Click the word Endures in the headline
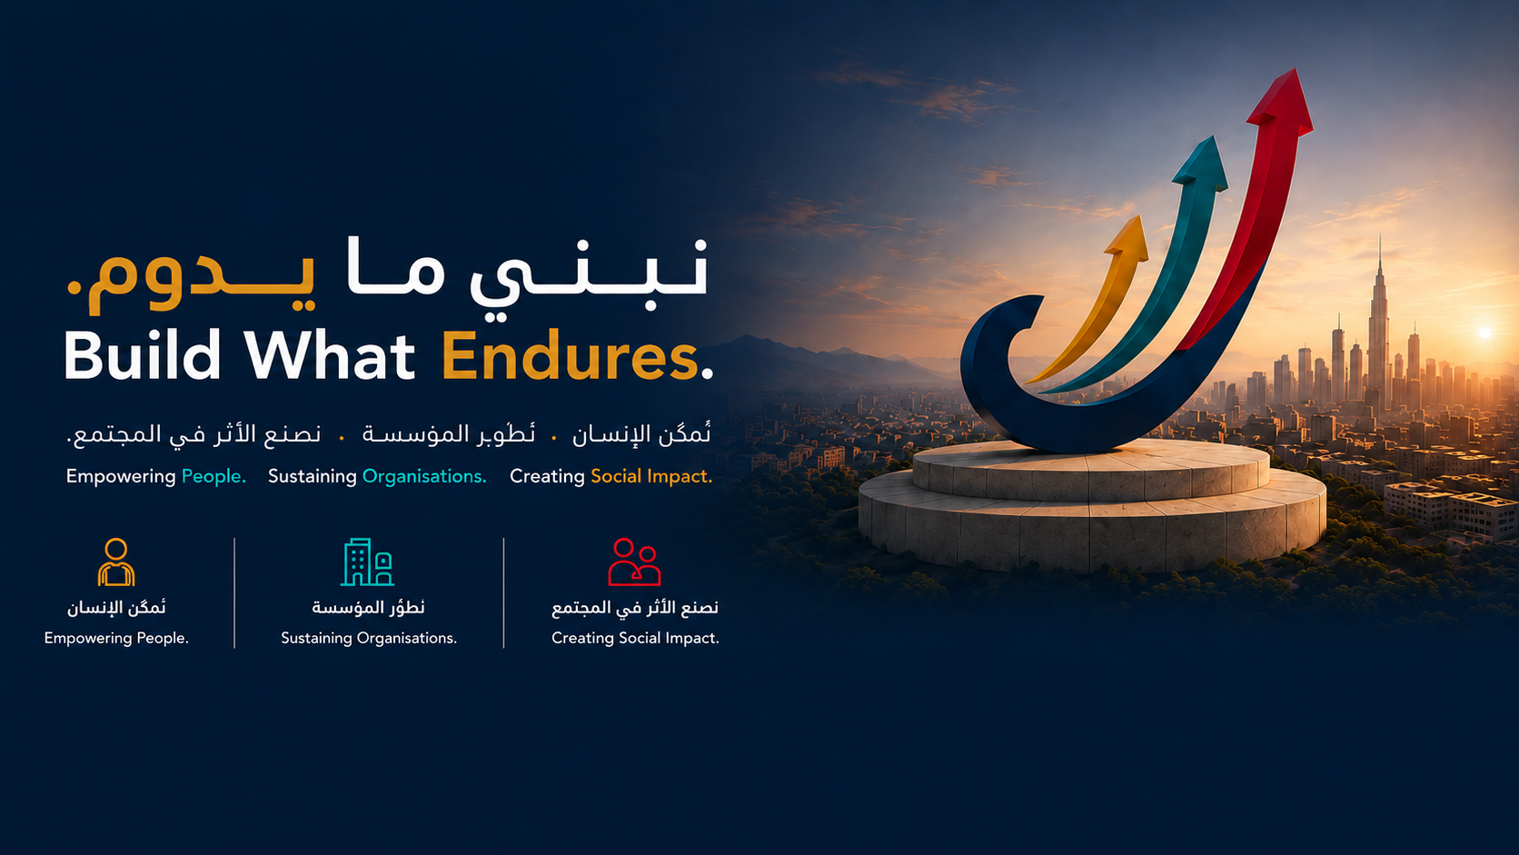[x=570, y=356]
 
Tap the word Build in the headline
[x=142, y=354]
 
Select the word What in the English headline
[x=329, y=354]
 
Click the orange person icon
[x=116, y=562]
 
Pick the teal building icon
[x=367, y=562]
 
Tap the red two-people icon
[x=634, y=562]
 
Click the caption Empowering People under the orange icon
[x=116, y=638]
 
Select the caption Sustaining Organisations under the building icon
[x=369, y=638]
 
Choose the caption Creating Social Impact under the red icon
[x=635, y=638]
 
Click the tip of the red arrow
[x=1296, y=68]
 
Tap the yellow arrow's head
[x=1129, y=236]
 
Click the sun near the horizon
[x=1485, y=333]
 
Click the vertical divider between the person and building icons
[x=234, y=592]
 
